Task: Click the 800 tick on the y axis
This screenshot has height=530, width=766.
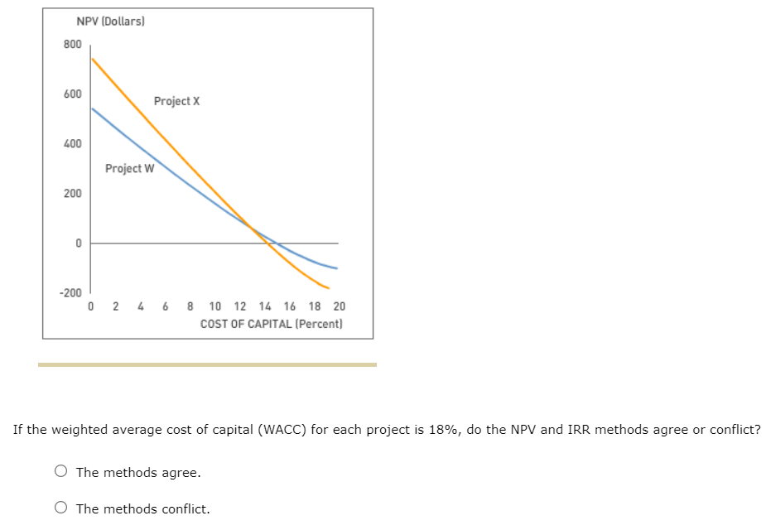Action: [72, 44]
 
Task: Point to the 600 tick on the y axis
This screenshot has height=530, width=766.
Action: [72, 94]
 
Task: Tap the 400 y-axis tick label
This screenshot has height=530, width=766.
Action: [72, 144]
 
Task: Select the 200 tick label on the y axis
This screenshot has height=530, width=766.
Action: [72, 194]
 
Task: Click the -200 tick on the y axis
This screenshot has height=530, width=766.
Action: [70, 293]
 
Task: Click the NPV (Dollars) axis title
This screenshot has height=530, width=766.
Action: [110, 21]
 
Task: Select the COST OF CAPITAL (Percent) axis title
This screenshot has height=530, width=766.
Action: [271, 324]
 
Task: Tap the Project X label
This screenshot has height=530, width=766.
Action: [176, 101]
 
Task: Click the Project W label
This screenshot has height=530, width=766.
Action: [129, 169]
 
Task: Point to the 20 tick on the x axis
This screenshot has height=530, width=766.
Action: [340, 307]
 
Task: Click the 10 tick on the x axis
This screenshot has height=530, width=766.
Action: [215, 307]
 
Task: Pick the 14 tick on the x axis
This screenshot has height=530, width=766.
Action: [265, 307]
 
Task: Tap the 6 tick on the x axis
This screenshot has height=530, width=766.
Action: [166, 307]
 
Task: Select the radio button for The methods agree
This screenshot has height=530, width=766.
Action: [61, 472]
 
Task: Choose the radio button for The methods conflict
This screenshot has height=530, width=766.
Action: [61, 508]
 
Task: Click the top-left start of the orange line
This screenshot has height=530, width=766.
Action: [92, 58]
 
